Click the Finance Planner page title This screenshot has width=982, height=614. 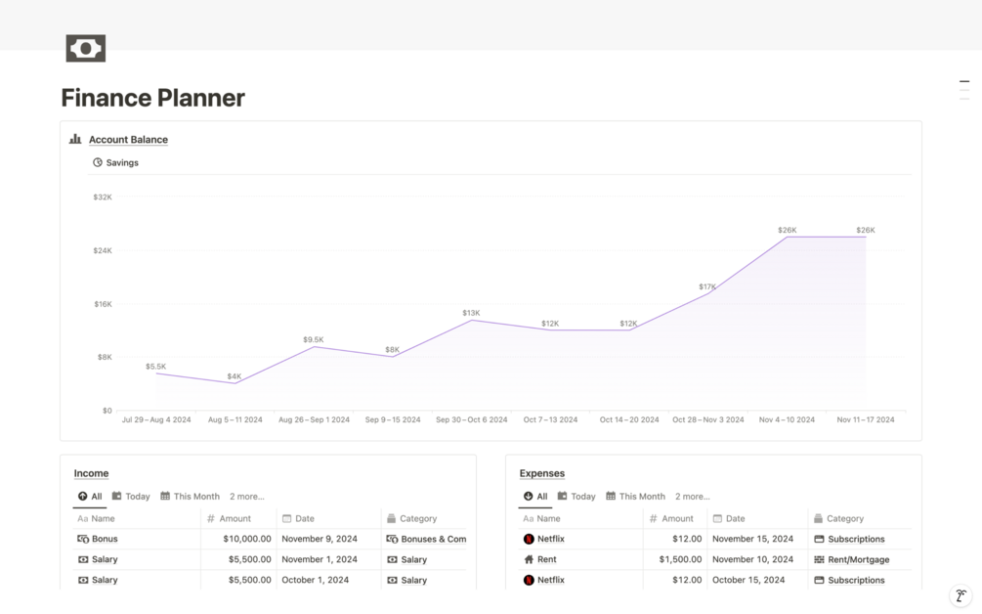[x=152, y=98]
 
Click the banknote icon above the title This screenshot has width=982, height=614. [x=86, y=48]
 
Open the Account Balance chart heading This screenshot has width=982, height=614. [x=128, y=140]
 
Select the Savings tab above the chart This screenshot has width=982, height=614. [x=116, y=163]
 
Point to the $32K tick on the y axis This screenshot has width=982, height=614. [x=103, y=197]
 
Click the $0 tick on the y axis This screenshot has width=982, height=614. [x=107, y=411]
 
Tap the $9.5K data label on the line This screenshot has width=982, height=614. [x=313, y=339]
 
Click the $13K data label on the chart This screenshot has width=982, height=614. [x=471, y=313]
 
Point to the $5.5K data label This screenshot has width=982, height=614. [x=156, y=367]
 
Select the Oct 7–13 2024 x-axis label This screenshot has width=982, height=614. [x=550, y=419]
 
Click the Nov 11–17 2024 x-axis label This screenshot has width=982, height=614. [x=866, y=419]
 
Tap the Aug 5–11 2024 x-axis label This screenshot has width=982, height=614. [x=235, y=419]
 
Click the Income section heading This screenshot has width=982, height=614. [x=92, y=473]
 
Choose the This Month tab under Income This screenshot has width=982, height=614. [x=190, y=497]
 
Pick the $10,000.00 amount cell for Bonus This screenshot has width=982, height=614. [x=247, y=539]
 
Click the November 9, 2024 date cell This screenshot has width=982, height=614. [x=320, y=539]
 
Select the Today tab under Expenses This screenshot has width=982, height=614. [x=576, y=497]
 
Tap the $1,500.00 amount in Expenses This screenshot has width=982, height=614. [x=680, y=559]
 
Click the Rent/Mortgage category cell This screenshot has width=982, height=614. [x=852, y=559]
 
